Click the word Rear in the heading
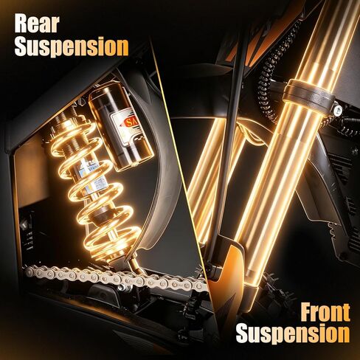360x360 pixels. point(37,24)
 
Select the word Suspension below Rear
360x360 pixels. point(72,47)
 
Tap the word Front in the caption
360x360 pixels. point(325,312)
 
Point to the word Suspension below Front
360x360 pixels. point(293,333)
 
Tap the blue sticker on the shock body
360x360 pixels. point(92,183)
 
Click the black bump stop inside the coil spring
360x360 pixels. point(102,215)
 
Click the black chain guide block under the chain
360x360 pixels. point(103,294)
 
